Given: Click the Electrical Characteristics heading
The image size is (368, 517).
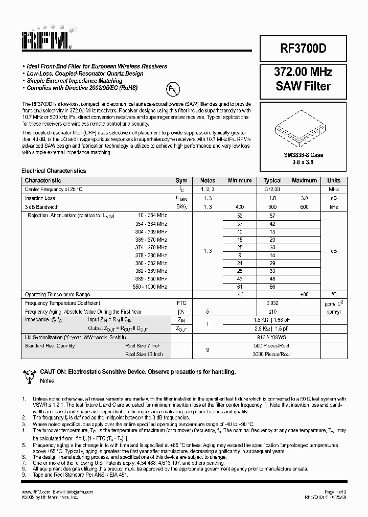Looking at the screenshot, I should coord(53,171).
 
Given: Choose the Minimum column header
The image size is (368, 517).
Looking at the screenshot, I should coord(240,180).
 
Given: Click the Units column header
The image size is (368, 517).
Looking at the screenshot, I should coord(334,180).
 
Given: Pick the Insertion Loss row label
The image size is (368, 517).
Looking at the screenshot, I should coord(40,198).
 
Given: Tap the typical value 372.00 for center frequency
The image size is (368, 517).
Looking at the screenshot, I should coord(272,189).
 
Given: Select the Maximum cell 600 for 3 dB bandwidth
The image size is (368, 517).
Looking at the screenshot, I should coord(304,207).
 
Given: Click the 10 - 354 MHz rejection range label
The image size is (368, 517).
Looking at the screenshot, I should coord(152,216).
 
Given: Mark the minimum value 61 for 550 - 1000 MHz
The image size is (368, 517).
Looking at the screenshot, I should coord(240,287).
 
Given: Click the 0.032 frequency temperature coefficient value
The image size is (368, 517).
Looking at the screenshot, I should coord(272,303).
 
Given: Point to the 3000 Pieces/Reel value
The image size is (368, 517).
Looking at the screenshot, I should coord(272,354).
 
